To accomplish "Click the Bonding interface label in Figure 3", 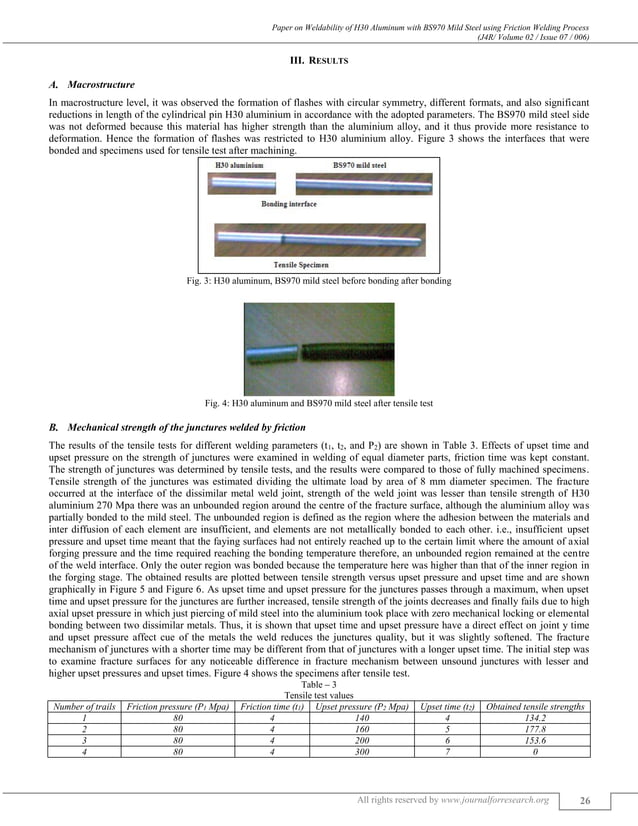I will (289, 203).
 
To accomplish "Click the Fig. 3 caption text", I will (318, 281).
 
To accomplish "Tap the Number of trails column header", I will (84, 707).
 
